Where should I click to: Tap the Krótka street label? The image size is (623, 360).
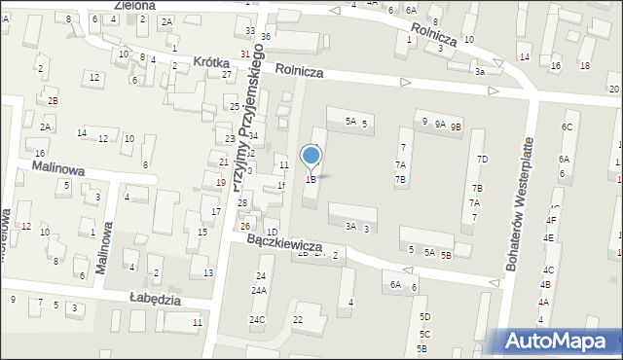(x=215, y=61)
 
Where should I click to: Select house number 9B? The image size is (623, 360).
(x=456, y=125)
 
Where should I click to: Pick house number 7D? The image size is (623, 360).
(x=481, y=159)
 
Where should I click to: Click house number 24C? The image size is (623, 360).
(x=257, y=319)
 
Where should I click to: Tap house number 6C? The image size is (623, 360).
(x=567, y=127)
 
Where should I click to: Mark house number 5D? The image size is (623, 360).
(x=424, y=317)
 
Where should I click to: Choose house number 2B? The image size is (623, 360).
(x=54, y=100)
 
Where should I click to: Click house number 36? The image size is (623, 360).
(x=266, y=36)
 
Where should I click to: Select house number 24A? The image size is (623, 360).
(x=259, y=290)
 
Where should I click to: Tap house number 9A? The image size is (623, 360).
(x=440, y=124)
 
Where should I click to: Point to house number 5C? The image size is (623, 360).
(x=424, y=334)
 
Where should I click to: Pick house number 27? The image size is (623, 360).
(x=227, y=74)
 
